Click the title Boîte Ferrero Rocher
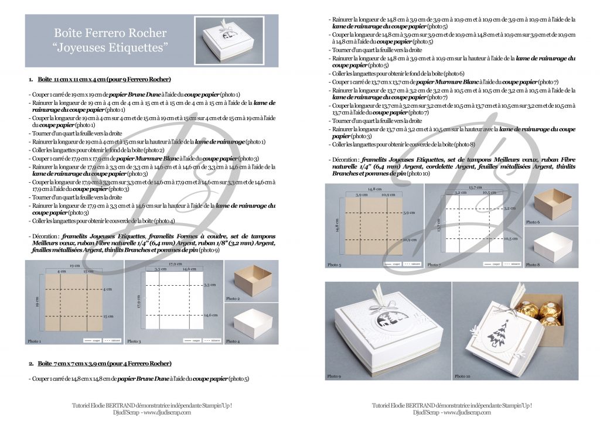point(110,33)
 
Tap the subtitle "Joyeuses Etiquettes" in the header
point(110,46)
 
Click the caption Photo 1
point(35,341)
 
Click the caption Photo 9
point(333,376)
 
